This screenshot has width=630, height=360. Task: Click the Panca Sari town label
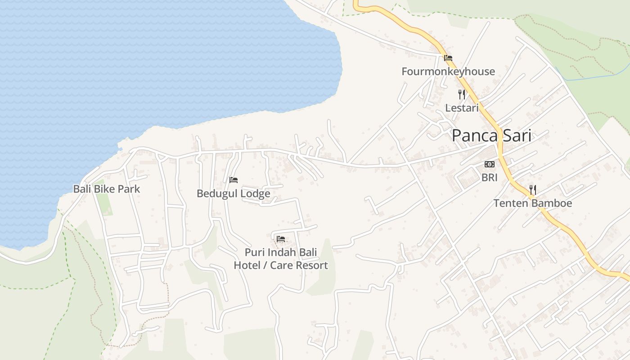point(491,135)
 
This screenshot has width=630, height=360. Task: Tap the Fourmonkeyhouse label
point(448,72)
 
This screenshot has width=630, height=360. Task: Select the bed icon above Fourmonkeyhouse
point(448,58)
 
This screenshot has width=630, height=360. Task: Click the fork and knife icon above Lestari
point(462,94)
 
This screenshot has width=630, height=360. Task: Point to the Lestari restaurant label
point(462,108)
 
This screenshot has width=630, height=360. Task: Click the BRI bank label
point(489,178)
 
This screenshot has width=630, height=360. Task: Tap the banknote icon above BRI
point(489,164)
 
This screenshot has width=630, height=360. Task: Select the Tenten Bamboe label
point(533,203)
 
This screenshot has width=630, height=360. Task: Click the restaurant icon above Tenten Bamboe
point(533,189)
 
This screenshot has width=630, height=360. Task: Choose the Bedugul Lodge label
point(233,193)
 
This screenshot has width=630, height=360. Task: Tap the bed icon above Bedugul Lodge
point(233,180)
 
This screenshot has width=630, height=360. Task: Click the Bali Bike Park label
point(107,189)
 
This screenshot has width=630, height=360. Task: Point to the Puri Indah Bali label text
point(281,252)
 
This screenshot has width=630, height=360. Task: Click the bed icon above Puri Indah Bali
point(281,238)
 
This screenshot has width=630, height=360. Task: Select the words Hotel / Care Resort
point(281,265)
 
